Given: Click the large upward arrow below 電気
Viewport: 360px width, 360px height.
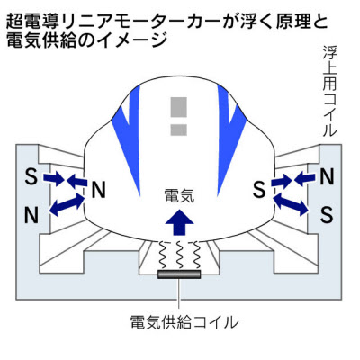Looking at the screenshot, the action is (179, 222).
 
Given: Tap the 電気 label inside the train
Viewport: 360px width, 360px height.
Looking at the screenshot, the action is (179, 196).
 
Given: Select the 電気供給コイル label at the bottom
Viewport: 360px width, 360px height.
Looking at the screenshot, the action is (184, 322).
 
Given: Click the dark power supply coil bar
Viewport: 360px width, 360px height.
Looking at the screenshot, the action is (179, 274).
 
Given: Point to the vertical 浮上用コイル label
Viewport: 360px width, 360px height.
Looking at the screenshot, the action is (329, 92).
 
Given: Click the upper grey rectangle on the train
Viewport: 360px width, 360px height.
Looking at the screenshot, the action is (179, 107).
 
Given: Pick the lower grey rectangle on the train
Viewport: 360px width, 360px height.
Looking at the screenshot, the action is (179, 130).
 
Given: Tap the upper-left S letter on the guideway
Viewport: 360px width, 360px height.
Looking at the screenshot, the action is (31, 177).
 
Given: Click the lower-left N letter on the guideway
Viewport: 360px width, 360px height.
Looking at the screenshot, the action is (31, 215).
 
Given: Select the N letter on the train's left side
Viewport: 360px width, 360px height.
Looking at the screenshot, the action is (98, 190).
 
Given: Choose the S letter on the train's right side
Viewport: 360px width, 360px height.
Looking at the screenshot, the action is (259, 190).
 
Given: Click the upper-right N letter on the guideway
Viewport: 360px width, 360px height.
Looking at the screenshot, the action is (327, 177).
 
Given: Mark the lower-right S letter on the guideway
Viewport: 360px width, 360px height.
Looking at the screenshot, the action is (327, 215).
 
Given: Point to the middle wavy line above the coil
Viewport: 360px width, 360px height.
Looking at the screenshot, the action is (179, 256).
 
